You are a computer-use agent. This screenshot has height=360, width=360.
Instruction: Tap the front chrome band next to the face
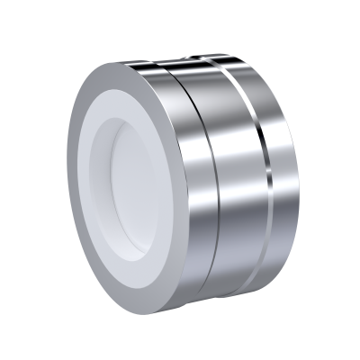coord(184,193)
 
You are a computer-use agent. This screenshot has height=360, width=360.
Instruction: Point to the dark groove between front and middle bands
coord(205,193)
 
